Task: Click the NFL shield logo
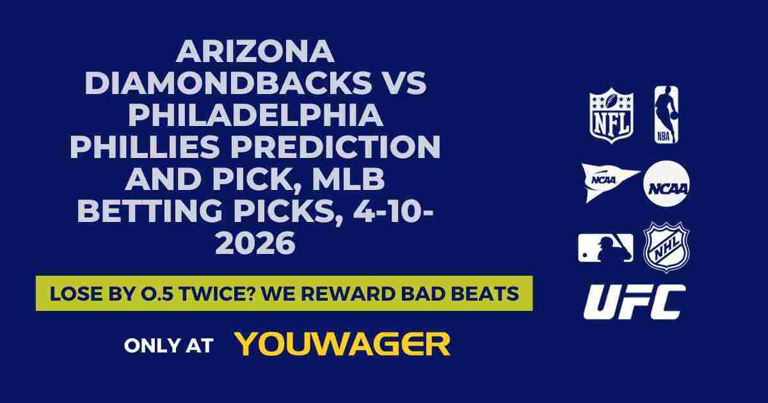pos(611,115)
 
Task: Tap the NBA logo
pos(666,115)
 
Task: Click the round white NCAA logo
pos(666,183)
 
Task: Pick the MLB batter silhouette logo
pos(605,247)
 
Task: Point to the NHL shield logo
pos(666,247)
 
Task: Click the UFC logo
pos(634,302)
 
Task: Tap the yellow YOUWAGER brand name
pos(342,344)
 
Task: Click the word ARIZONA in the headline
pos(255,52)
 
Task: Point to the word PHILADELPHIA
pos(255,116)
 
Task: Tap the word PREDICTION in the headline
pos(342,148)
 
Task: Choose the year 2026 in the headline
pos(255,244)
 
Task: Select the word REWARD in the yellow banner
pos(379,294)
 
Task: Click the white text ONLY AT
pos(168,345)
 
